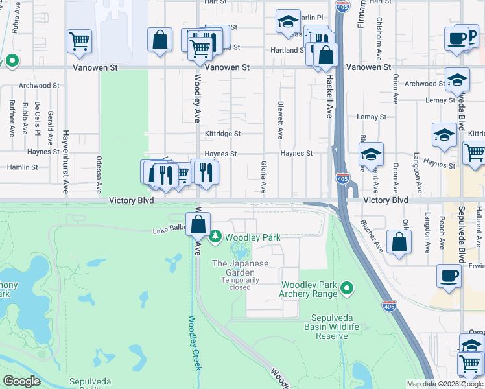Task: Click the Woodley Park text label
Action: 253,238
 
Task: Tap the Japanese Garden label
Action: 240,268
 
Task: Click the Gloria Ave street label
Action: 263,177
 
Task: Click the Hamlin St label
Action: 23,167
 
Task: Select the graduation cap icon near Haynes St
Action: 371,155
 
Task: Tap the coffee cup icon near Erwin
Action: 449,275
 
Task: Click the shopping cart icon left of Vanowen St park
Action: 79,41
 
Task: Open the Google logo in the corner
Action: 22,381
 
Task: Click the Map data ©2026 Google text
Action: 445,384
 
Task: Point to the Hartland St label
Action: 289,50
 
